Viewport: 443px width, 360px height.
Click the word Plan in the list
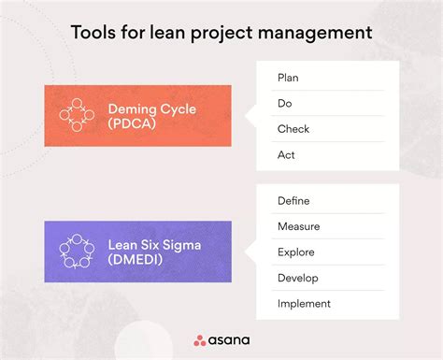coord(289,77)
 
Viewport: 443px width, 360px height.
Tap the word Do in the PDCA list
coord(285,103)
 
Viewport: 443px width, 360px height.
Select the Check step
coord(293,129)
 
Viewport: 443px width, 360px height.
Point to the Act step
coord(286,154)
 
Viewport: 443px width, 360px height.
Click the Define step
coord(293,200)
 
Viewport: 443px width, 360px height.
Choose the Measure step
coord(299,226)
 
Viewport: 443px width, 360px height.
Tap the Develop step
coord(298,278)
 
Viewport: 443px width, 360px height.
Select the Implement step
coord(304,303)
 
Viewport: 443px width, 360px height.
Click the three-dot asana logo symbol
coord(201,340)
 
